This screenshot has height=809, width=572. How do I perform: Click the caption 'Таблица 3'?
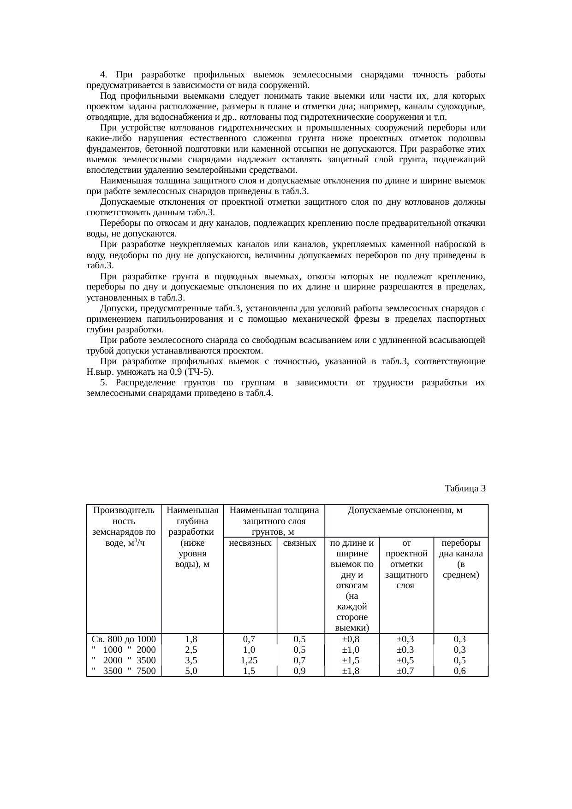(465, 489)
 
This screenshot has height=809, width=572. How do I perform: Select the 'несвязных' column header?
(250, 543)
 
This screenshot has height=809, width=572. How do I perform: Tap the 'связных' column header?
(300, 543)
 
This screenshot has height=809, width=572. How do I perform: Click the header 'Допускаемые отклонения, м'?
(405, 510)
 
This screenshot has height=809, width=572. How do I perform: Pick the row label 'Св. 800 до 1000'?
(124, 639)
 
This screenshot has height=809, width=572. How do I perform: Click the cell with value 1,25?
(249, 660)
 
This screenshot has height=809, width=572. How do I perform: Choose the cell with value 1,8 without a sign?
(191, 639)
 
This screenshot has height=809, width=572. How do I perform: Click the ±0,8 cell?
(351, 639)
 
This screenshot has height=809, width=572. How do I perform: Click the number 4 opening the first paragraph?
(103, 75)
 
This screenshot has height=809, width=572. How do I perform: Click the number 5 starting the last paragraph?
(103, 383)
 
